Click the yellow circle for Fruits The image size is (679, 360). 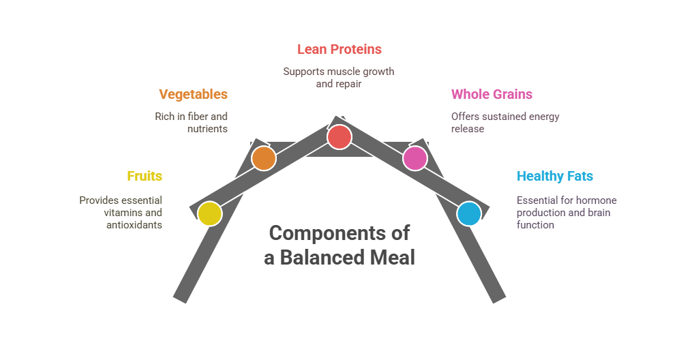[209, 213]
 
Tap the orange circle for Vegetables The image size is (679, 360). [263, 158]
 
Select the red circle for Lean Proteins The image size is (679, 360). [339, 136]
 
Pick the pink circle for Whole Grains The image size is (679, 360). [414, 158]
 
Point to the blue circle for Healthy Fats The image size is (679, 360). [468, 213]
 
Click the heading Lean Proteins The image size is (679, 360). [339, 49]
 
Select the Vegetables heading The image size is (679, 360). [193, 94]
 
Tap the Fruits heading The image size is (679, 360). [145, 176]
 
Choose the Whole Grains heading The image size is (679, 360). [492, 94]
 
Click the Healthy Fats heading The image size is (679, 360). [554, 176]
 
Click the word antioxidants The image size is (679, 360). [134, 224]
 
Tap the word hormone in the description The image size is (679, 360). [597, 200]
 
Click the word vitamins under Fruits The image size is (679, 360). [123, 213]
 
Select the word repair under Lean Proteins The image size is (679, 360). [348, 84]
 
